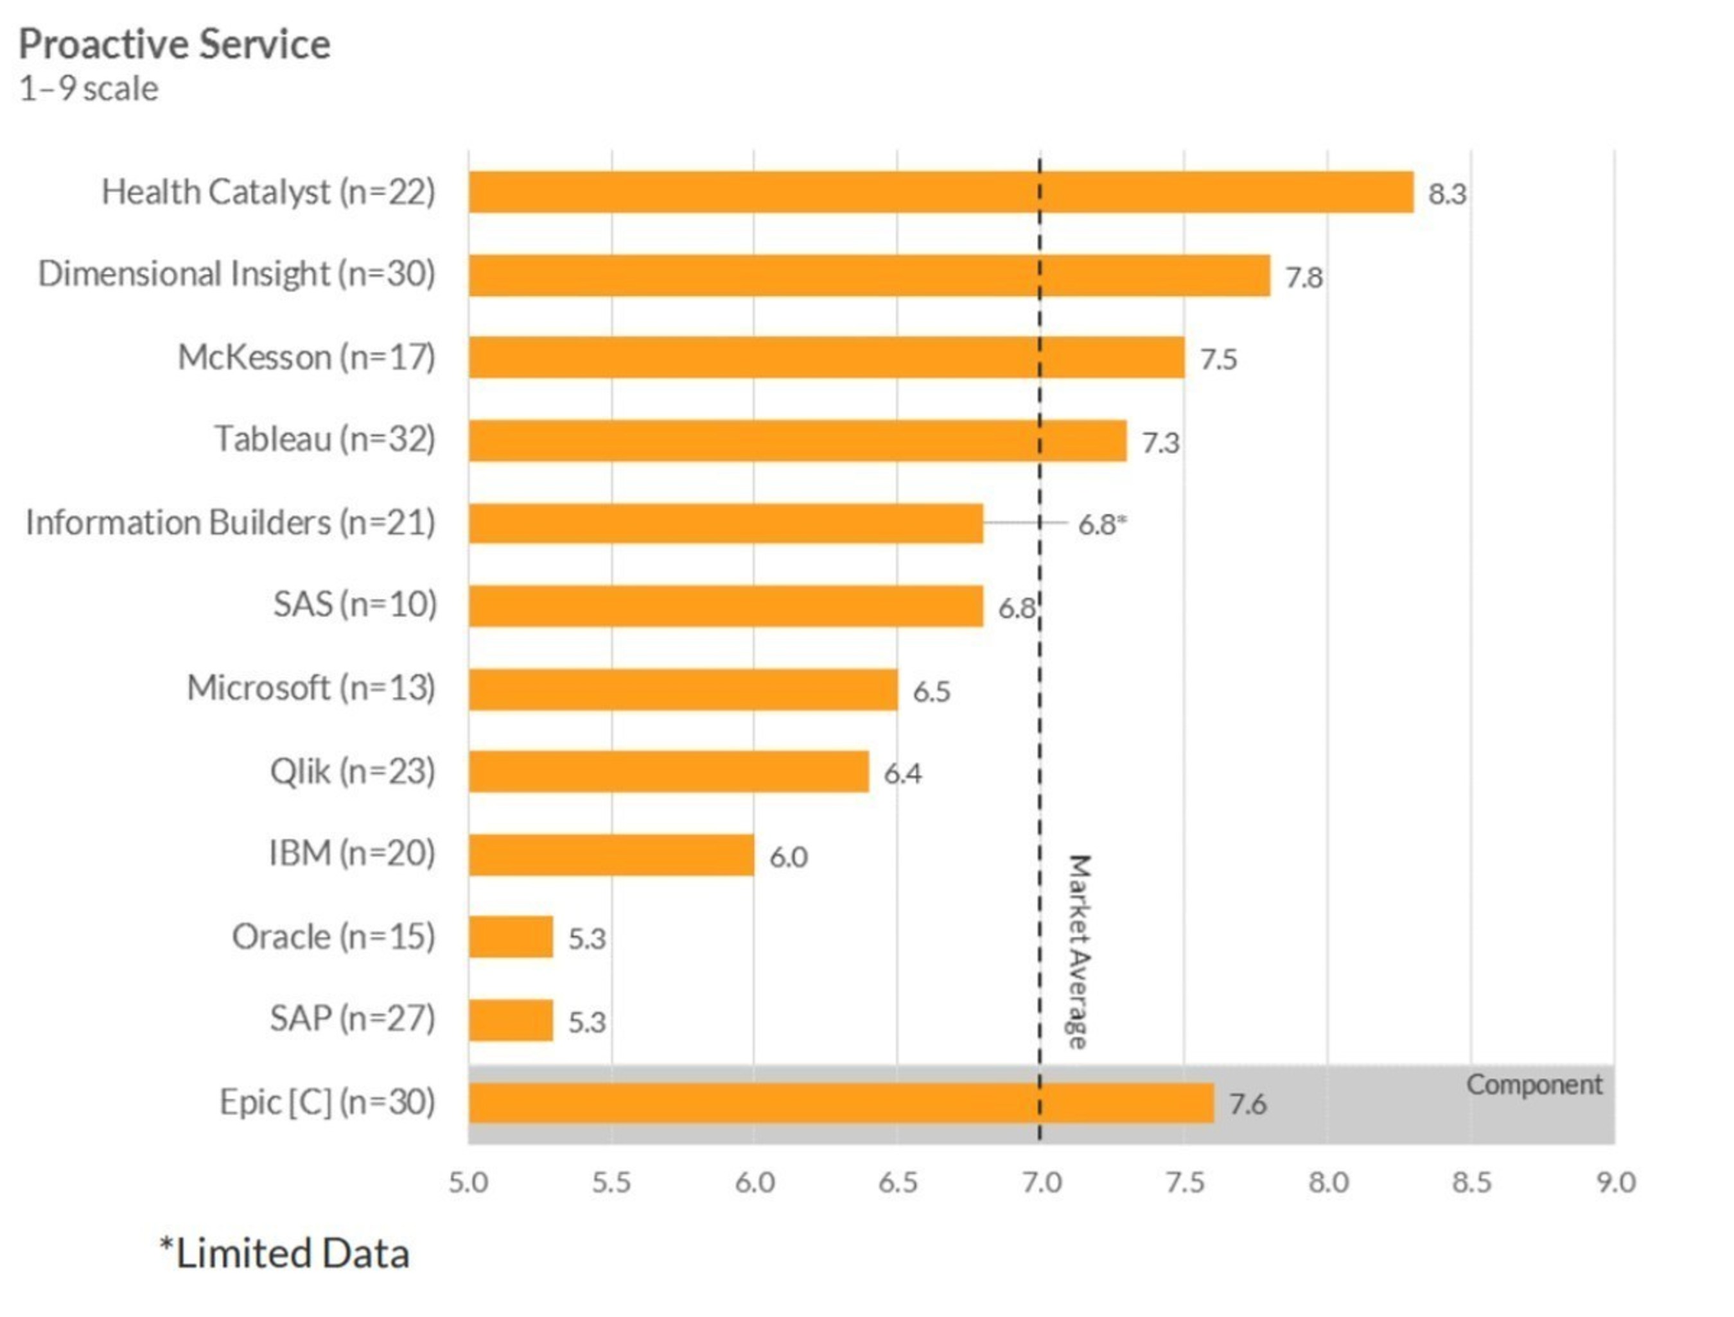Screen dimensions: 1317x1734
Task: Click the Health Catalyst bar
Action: [x=940, y=192]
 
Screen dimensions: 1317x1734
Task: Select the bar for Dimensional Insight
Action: [x=869, y=275]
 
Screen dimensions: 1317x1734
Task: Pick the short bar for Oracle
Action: [x=511, y=937]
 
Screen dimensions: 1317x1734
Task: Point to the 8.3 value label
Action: [x=1446, y=194]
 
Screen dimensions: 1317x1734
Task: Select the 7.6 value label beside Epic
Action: [x=1247, y=1104]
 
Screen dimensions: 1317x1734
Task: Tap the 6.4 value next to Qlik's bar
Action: [x=902, y=774]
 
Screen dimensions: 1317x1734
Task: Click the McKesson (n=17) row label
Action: [x=306, y=357]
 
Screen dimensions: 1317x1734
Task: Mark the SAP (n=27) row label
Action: [x=352, y=1019]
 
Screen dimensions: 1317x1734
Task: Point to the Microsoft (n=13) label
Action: [x=311, y=688]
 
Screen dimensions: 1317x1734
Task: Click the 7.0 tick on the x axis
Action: [x=1040, y=1182]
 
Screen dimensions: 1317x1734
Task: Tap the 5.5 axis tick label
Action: [x=611, y=1182]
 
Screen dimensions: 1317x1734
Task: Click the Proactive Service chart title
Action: [x=174, y=44]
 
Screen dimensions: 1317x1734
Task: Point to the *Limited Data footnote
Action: [x=284, y=1253]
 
